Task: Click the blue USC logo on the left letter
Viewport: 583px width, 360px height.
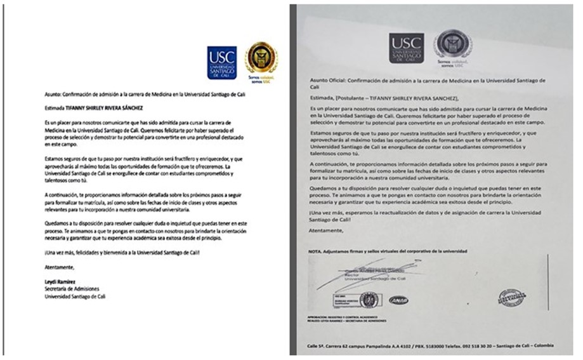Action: tap(221, 62)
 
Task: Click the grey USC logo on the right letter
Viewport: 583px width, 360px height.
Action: tap(406, 48)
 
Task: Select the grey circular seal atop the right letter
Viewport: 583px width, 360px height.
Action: tap(452, 45)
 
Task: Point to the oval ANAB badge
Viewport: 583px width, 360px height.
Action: tap(398, 300)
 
